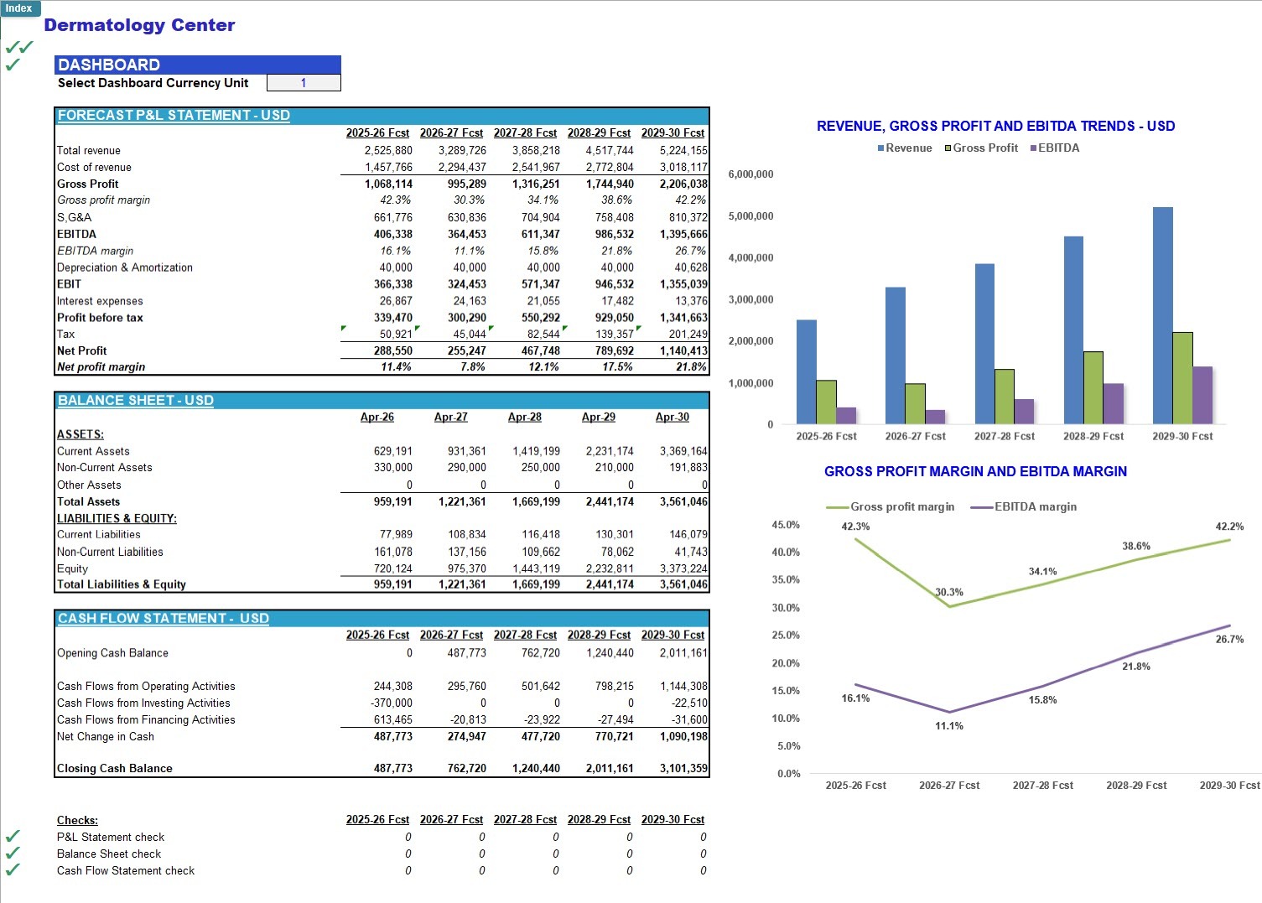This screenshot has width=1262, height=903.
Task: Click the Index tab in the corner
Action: coord(19,8)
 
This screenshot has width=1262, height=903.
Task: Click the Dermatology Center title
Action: coord(139,25)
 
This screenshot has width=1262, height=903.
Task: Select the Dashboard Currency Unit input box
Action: coord(304,83)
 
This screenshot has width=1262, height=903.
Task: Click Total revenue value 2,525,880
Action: coord(388,150)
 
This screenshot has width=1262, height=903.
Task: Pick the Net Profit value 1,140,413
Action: coord(683,350)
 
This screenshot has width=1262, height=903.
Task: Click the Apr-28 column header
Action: coord(525,417)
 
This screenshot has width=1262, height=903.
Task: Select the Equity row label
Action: coord(73,568)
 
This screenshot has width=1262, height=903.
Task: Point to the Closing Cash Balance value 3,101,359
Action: coord(683,768)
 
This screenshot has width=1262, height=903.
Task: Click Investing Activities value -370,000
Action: coord(392,703)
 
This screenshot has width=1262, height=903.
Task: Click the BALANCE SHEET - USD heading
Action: coord(136,400)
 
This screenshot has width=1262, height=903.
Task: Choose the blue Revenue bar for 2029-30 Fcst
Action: coord(1163,315)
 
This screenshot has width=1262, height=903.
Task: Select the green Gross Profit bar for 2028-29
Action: coord(1093,387)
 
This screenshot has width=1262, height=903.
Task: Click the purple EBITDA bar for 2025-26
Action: coord(846,415)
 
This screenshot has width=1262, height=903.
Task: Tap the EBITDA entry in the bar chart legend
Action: coord(1055,148)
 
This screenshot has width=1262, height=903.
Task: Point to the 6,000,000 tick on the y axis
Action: coord(750,174)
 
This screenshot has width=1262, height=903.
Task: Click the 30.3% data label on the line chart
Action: coord(949,592)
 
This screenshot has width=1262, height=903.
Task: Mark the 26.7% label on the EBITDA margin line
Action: coord(1229,640)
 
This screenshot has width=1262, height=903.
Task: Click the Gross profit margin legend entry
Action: coord(891,506)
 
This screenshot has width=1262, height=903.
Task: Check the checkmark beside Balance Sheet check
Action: coord(13,853)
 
